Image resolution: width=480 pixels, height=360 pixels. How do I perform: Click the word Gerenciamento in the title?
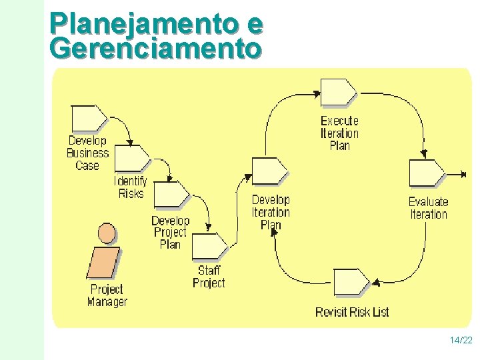155,48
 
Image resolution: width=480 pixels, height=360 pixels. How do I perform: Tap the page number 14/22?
461,341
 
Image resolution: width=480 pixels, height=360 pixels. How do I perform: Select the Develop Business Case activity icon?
88,119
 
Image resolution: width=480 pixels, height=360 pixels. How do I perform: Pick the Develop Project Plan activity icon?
171,195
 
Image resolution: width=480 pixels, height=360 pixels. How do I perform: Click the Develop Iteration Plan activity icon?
269,171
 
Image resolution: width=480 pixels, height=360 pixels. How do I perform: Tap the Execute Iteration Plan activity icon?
339,92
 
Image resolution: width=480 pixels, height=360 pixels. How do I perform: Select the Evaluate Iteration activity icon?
426,173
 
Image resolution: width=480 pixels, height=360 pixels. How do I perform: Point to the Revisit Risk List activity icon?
351,283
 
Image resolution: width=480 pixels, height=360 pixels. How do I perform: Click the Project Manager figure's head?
106,233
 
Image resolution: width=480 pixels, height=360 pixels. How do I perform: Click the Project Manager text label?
107,295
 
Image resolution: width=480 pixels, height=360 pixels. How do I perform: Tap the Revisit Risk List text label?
352,312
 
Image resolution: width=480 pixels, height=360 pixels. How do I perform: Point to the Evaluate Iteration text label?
428,208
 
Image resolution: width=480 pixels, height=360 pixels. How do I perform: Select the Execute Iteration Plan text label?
339,133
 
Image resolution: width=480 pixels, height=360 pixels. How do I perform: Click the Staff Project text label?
209,277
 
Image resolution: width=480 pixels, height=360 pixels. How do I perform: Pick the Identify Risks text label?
131,187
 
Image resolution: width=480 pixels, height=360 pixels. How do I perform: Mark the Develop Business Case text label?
87,153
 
